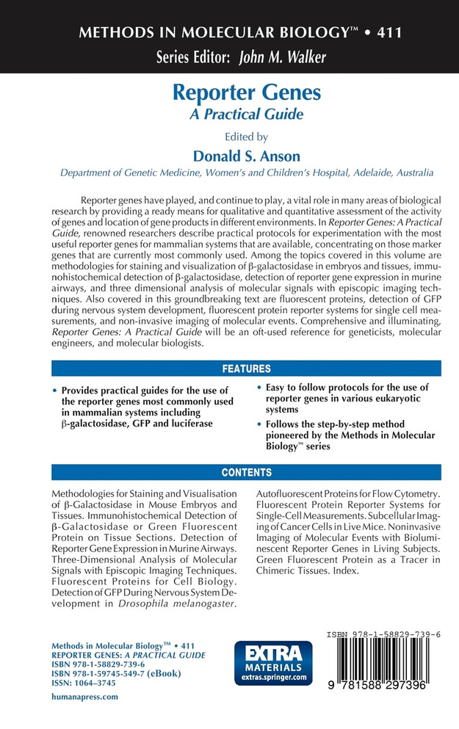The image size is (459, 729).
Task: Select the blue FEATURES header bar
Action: [246, 369]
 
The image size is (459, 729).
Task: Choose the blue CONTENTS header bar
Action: [246, 472]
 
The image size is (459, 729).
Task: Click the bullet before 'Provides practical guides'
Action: [56, 391]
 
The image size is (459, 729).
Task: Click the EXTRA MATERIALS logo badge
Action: [272, 662]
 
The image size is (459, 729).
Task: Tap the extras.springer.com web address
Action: [272, 677]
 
